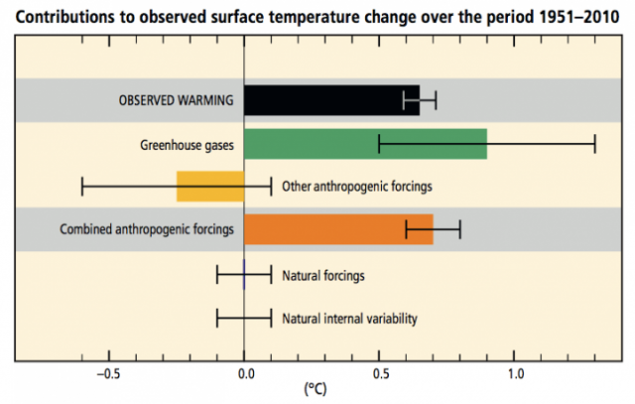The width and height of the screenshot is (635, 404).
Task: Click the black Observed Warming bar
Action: click(x=331, y=100)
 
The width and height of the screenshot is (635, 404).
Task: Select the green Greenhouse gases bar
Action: click(x=365, y=144)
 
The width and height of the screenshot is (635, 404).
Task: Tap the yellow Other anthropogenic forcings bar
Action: click(x=210, y=186)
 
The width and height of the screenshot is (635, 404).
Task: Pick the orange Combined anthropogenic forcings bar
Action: click(x=338, y=229)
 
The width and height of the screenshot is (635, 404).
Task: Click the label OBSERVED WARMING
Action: click(x=175, y=100)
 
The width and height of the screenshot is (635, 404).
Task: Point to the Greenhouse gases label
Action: click(x=187, y=144)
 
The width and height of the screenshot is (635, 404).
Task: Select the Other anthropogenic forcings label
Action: click(x=357, y=186)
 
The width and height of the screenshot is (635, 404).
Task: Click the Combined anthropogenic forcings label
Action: click(x=146, y=229)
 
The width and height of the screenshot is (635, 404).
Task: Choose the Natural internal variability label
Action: click(x=349, y=319)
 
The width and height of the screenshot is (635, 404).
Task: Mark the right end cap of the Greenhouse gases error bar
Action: click(x=595, y=144)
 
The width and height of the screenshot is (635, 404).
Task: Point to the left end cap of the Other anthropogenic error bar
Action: click(x=82, y=186)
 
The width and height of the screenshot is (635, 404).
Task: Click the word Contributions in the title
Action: click(x=59, y=16)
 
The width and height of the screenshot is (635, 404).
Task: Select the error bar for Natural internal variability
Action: click(x=244, y=319)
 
